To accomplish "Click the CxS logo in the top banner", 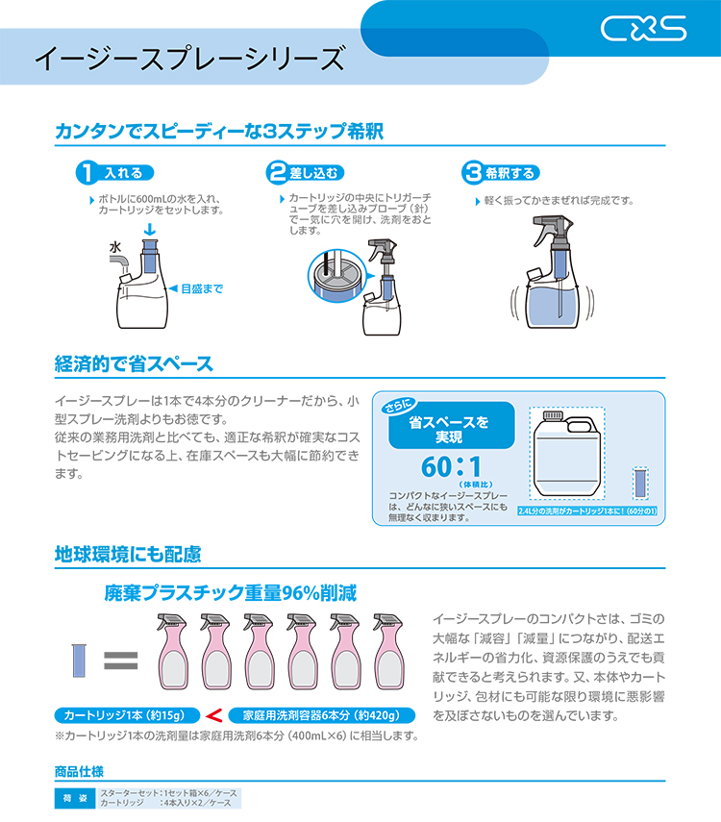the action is [643, 28].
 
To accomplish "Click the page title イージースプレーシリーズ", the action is [190, 59].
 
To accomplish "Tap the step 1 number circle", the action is [87, 172].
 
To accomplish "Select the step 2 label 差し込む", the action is [314, 173].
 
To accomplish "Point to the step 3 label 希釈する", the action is [510, 173].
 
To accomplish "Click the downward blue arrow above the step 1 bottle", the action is [150, 230].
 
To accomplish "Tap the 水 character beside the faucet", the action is [115, 247].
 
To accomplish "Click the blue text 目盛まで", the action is [202, 288].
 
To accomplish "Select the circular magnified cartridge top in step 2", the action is [336, 275].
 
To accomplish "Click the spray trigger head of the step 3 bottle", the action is [552, 229].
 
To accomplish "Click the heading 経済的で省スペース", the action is [134, 363].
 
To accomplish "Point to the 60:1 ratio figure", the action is [452, 466].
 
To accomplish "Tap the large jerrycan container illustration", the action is [567, 454].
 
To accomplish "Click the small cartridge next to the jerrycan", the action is [640, 484].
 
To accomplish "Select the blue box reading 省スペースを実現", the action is [451, 425].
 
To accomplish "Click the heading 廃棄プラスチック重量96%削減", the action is [231, 593].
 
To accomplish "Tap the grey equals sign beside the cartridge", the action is [120, 660].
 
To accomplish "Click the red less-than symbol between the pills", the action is [214, 715].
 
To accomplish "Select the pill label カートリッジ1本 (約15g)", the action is [128, 715].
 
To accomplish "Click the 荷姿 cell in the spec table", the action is [76, 798].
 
